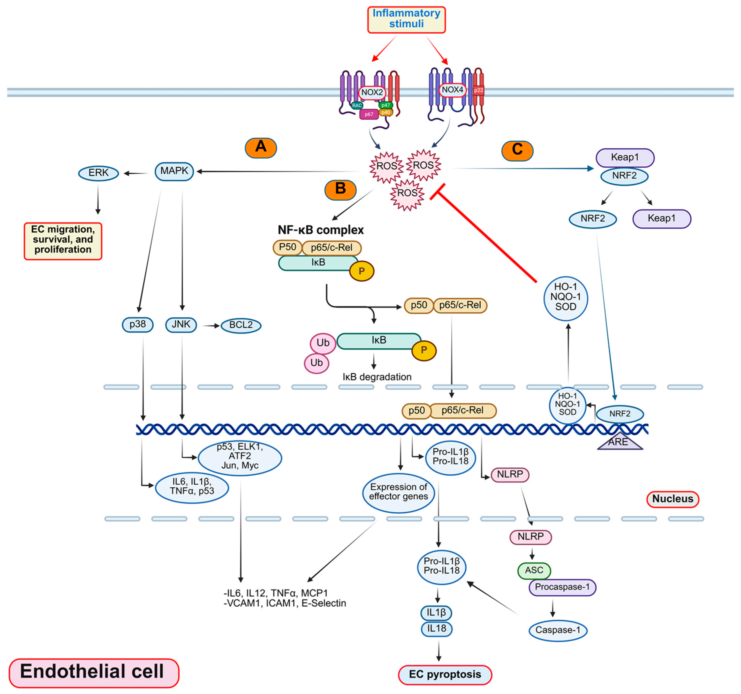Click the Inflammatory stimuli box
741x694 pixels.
tap(406, 19)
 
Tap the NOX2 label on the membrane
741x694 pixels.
tap(372, 92)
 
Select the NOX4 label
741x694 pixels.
tap(453, 90)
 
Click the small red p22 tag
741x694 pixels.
tap(479, 90)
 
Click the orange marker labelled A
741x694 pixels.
tap(261, 148)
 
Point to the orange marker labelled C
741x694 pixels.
tap(517, 150)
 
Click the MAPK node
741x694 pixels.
tap(174, 171)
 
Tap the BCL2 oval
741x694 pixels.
tap(241, 325)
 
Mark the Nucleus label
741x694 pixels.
tap(673, 499)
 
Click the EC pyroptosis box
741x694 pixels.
tap(445, 674)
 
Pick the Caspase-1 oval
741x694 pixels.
tap(558, 630)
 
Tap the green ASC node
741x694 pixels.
tap(534, 570)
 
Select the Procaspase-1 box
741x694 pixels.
tap(562, 587)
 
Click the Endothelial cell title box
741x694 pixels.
tap(94, 672)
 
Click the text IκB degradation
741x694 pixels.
tap(377, 377)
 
